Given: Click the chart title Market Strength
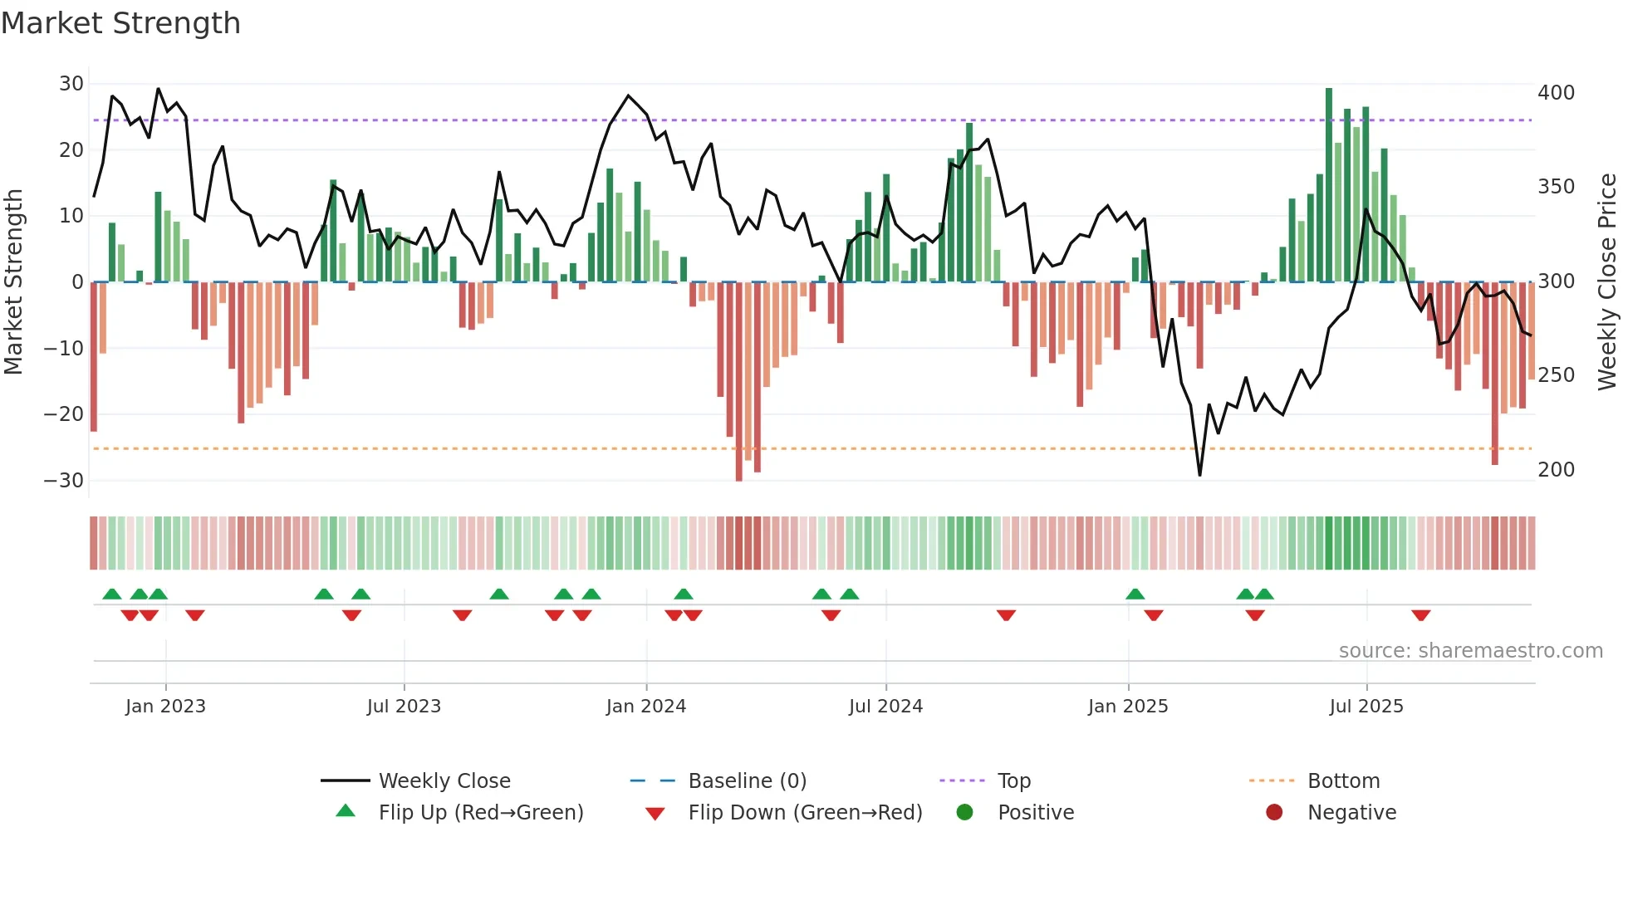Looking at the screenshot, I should tap(120, 23).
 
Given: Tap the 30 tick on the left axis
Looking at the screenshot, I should tap(71, 84).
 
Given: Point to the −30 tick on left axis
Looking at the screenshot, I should tap(64, 481).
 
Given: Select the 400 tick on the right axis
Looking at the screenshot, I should tap(1556, 93).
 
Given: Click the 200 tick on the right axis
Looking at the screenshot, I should tap(1556, 470).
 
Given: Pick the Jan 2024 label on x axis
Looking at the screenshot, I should tap(646, 707).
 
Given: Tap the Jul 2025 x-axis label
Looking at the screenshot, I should tap(1366, 707).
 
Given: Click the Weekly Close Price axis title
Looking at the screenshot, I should tap(1608, 282).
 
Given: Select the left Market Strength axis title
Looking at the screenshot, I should tap(14, 282).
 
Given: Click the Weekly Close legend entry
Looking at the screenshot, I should tap(444, 781).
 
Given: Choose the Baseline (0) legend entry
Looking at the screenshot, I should tap(748, 781).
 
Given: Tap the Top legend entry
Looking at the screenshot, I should tap(1014, 781).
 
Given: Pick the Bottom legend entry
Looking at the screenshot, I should tap(1343, 781).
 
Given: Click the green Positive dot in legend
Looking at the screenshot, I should tap(964, 812).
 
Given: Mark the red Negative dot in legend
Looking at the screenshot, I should tap(1274, 812).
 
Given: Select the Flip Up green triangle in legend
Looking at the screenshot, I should tap(346, 811).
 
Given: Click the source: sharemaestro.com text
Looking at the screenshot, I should tap(1470, 651).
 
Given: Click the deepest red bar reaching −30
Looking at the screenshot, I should tap(739, 382).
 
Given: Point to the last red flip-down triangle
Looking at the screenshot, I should tap(1420, 615).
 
